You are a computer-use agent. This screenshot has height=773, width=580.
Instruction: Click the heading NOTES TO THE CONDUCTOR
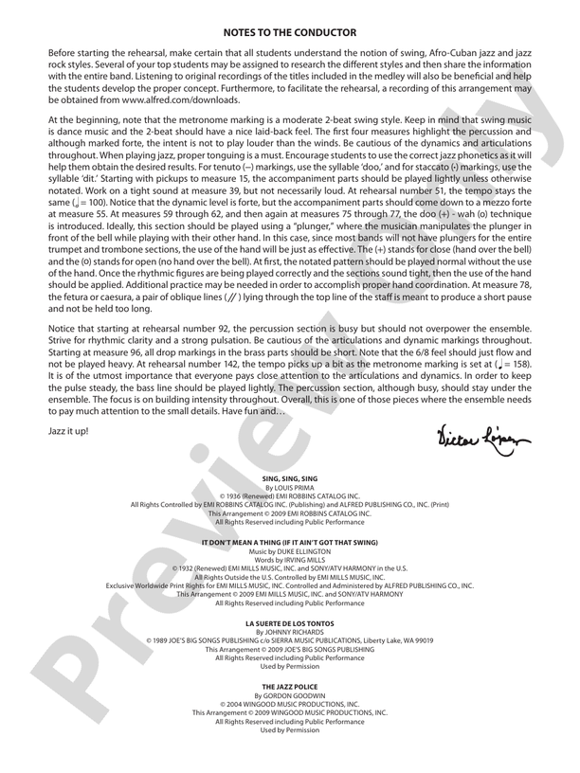click(290, 32)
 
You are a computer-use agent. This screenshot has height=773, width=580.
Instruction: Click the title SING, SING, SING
click(290, 479)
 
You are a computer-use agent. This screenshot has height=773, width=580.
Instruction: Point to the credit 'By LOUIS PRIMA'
click(290, 488)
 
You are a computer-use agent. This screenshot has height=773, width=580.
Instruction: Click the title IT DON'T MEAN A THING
click(290, 542)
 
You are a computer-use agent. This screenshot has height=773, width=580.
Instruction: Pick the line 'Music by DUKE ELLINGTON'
click(290, 551)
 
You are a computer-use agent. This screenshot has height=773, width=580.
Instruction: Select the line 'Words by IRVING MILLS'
click(290, 560)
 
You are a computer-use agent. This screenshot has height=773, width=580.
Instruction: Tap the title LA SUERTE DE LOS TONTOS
click(290, 622)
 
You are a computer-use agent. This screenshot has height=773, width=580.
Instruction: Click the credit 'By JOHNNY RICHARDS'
click(290, 631)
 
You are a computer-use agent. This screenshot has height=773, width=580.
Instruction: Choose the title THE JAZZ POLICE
click(290, 685)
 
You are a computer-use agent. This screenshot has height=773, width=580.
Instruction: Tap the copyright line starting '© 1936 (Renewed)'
click(290, 496)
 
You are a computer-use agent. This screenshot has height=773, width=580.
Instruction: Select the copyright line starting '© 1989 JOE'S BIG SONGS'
click(290, 639)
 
